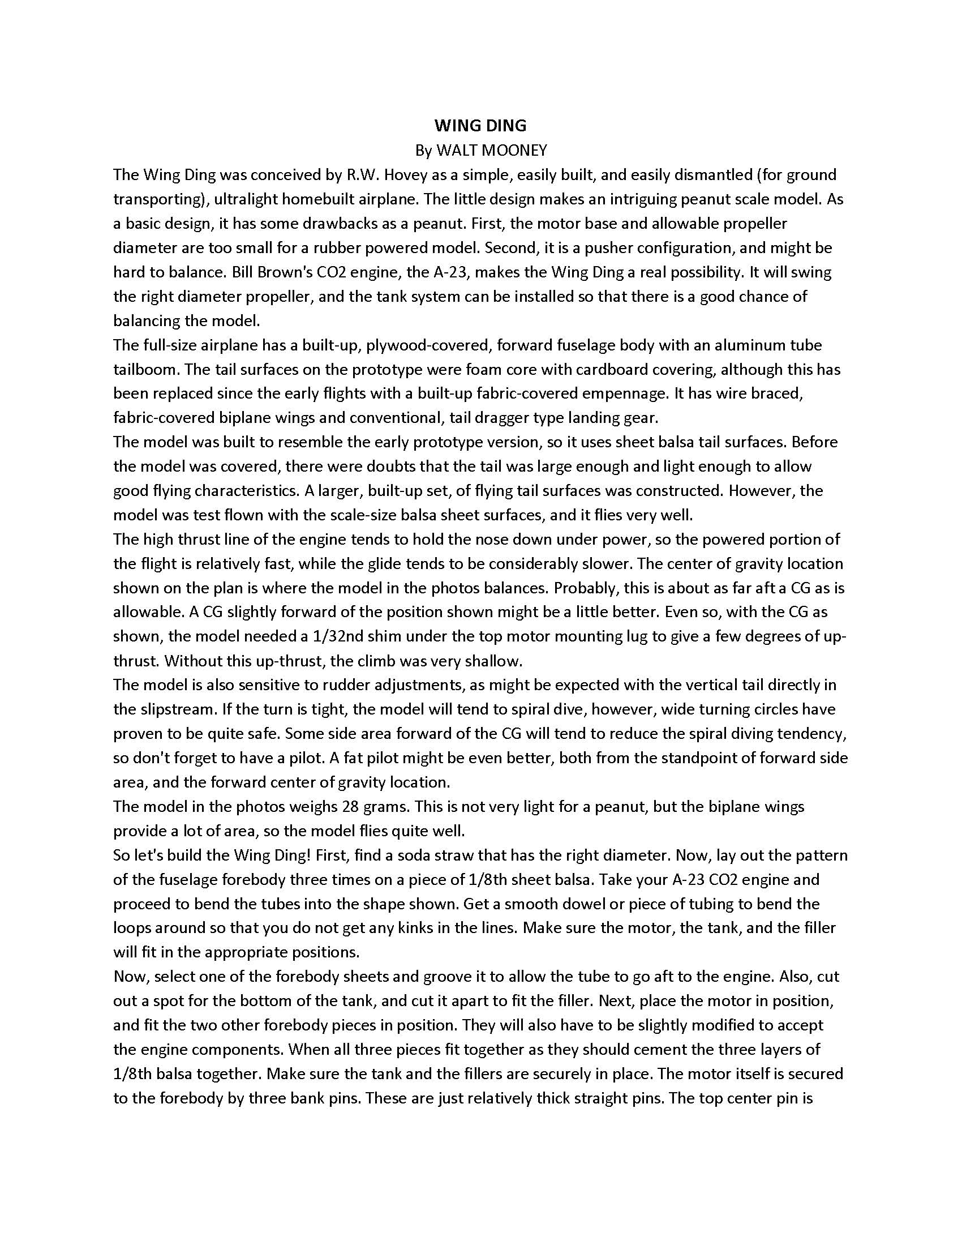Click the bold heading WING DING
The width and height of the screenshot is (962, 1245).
click(x=480, y=126)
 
